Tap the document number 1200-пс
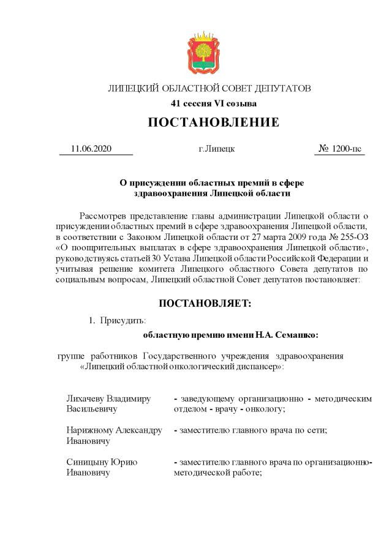click(347, 149)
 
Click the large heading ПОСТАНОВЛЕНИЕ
click(213, 122)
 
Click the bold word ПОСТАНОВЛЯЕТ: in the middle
click(205, 303)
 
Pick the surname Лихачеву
click(90, 399)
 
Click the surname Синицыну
click(89, 462)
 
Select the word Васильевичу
click(92, 410)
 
